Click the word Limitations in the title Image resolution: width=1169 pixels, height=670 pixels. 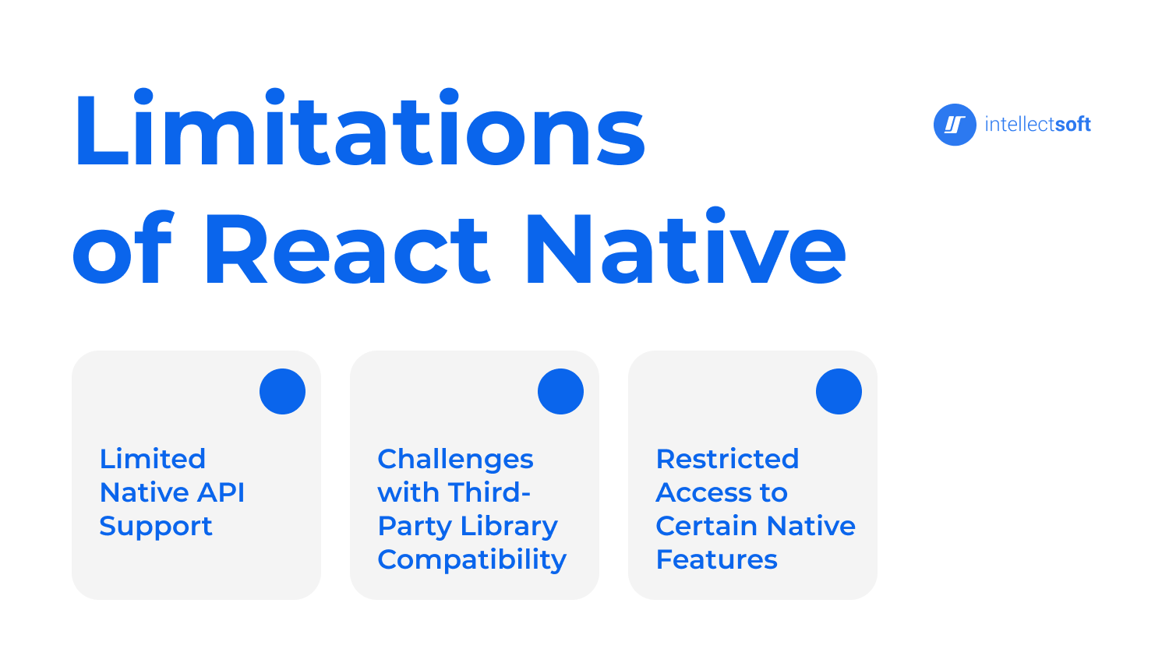coord(360,127)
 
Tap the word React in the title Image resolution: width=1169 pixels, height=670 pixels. coord(348,249)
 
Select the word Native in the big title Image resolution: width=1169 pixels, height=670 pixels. coord(686,245)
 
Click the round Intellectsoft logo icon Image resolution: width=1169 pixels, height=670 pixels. coord(955,125)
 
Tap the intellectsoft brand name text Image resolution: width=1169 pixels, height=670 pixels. coord(1037,124)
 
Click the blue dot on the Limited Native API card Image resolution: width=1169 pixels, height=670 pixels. coord(282,391)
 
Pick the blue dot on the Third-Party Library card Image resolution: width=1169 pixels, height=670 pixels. coord(560,391)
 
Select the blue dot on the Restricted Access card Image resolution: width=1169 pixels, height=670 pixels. coord(839,391)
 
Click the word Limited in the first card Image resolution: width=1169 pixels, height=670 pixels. coord(153,459)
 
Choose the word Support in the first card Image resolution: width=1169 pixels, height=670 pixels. coord(156,527)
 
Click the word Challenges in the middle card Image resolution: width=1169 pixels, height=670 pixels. coord(455,460)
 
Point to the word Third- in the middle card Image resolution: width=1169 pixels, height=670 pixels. coord(489,492)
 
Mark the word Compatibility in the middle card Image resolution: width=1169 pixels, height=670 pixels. coord(471,560)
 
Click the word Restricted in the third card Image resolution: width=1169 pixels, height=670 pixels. coord(727,459)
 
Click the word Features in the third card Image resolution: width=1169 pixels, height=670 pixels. coord(716,559)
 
